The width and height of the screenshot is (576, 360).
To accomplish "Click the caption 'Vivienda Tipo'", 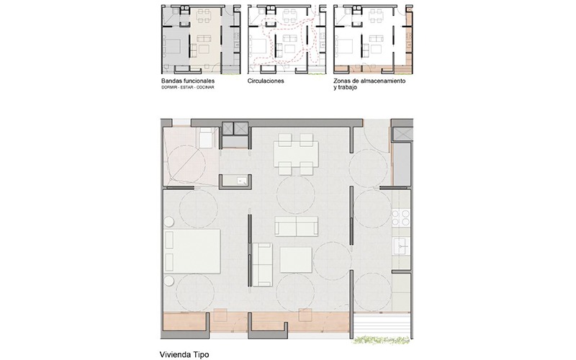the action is [x=184, y=354].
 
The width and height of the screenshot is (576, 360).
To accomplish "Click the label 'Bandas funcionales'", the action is [x=188, y=81].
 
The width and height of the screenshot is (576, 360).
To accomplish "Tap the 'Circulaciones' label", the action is [x=266, y=81].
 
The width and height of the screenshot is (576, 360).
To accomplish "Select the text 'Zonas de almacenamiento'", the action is [x=369, y=81].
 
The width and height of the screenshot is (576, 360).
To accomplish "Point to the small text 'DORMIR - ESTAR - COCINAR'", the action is [x=187, y=87].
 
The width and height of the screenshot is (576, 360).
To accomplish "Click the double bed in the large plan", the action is [x=193, y=251].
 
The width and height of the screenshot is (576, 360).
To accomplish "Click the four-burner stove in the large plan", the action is [x=401, y=217].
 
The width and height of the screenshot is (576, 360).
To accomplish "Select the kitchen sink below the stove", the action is [x=401, y=246].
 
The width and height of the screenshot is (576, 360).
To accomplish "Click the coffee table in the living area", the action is [x=296, y=260].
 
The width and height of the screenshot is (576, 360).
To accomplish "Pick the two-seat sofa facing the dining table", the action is [x=296, y=226].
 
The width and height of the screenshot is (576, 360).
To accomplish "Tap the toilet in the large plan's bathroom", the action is [x=206, y=137].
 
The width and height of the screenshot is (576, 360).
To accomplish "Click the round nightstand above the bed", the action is [x=169, y=222].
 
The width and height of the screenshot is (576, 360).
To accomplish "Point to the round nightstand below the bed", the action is [x=169, y=280].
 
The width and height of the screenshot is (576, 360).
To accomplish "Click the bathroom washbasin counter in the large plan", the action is [x=236, y=180].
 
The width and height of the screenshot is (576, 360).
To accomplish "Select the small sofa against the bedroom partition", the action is [x=262, y=264].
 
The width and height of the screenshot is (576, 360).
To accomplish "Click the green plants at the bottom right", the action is [x=382, y=340].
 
